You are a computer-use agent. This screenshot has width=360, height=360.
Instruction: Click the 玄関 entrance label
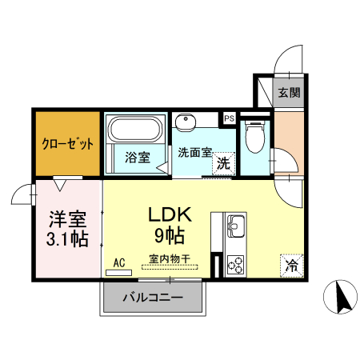(290, 92)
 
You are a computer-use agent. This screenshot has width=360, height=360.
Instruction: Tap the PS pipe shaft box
(230, 119)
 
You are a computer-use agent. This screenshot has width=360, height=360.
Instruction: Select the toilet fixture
(254, 136)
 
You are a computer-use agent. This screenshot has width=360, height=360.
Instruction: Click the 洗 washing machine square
(225, 162)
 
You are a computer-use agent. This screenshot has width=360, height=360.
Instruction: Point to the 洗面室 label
(194, 152)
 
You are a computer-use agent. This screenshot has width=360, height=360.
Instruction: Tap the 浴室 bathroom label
(137, 157)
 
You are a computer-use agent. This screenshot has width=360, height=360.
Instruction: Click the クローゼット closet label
(68, 144)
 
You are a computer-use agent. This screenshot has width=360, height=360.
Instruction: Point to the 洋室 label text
(67, 217)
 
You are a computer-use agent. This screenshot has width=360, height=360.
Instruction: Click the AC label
(119, 262)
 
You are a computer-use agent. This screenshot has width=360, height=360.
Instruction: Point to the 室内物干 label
(169, 259)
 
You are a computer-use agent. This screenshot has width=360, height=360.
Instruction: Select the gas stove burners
(236, 263)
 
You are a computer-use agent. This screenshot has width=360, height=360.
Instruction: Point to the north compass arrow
(339, 300)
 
